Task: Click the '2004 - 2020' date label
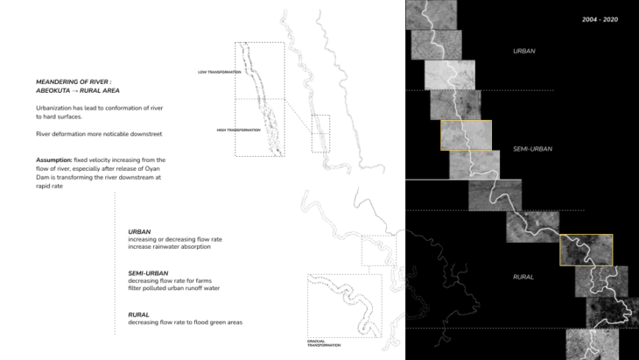click(x=600, y=18)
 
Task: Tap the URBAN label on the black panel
click(x=523, y=52)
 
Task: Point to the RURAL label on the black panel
click(x=523, y=277)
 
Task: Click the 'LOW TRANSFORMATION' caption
click(x=214, y=72)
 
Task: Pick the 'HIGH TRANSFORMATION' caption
click(x=239, y=130)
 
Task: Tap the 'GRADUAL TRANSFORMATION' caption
click(x=322, y=342)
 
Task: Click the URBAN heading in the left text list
click(x=140, y=232)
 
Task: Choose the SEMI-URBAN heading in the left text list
click(x=147, y=272)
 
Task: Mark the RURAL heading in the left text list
click(x=138, y=314)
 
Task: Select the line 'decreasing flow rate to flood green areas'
click(x=185, y=322)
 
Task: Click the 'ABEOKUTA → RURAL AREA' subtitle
click(x=79, y=90)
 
